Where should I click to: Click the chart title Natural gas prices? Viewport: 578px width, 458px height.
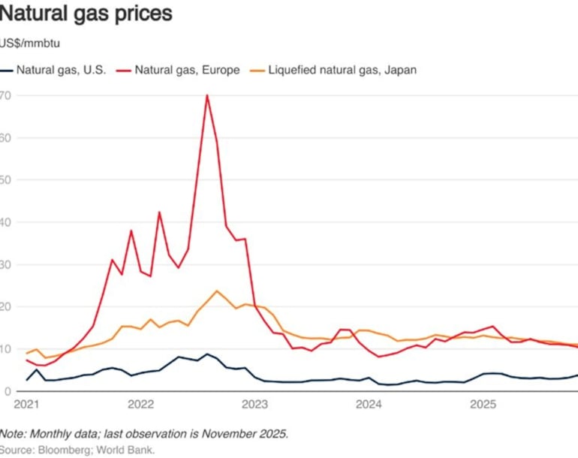[86, 14]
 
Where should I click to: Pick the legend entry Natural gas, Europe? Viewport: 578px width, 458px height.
[188, 70]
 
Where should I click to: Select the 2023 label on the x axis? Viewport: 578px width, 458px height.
[254, 405]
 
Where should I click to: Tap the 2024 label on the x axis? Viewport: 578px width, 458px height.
[369, 405]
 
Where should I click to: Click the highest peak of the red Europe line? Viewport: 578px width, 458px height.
[206, 95]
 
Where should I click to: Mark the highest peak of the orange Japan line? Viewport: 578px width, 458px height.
[217, 291]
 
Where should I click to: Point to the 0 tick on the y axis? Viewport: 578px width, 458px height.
[8, 391]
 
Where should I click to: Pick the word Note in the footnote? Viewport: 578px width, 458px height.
[13, 434]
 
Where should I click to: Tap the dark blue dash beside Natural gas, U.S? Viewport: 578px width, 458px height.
[8, 70]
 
